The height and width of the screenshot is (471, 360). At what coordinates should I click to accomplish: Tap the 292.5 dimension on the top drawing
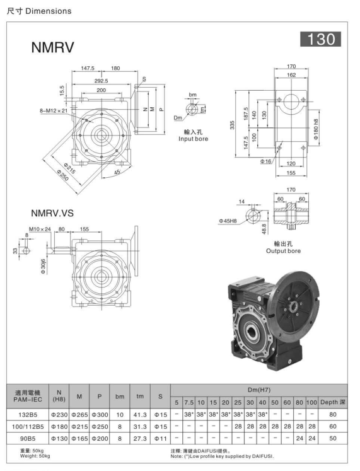[x=101, y=81]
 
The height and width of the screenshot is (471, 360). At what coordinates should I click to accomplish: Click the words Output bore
[x=282, y=250]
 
